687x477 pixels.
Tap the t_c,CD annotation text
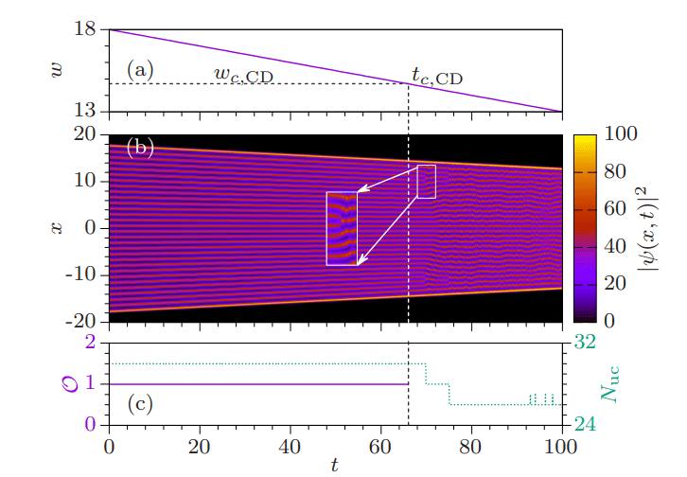[437, 76]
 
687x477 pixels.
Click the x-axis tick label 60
[380, 444]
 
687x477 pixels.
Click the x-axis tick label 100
[562, 444]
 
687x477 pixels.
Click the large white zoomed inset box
[342, 228]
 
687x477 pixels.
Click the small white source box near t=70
[426, 182]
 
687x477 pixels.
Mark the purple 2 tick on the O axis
[93, 343]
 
